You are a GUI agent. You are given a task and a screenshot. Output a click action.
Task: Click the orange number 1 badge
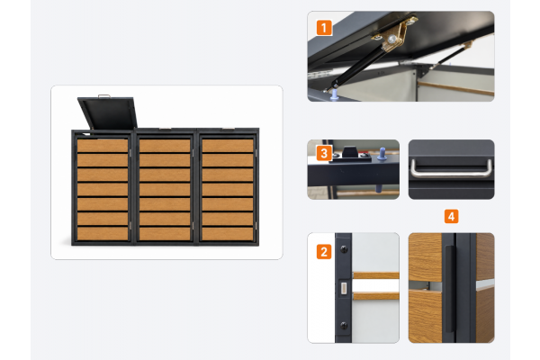(324, 28)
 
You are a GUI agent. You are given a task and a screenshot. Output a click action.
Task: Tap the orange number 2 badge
(324, 251)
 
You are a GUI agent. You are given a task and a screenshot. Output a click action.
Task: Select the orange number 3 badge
(324, 153)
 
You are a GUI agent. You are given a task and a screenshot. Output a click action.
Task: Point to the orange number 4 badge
(451, 216)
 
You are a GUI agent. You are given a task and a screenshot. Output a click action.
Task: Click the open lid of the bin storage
(107, 113)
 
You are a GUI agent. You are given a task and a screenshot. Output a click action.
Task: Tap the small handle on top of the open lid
(104, 96)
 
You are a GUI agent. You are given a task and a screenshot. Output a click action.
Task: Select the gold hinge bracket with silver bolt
(395, 34)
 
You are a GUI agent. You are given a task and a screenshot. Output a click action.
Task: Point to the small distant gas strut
(451, 55)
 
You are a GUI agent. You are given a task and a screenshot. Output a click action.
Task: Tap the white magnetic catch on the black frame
(344, 288)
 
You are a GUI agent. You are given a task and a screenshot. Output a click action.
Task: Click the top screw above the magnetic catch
(344, 248)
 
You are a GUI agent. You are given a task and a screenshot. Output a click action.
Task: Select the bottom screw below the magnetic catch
(344, 325)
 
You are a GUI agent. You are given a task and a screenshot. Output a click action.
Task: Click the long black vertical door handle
(449, 292)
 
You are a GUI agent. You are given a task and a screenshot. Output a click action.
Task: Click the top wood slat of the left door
(103, 146)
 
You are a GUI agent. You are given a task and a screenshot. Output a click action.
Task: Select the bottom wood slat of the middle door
(165, 234)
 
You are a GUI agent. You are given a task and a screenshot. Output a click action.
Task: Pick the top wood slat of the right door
(228, 146)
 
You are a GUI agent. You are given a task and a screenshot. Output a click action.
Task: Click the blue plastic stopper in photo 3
(382, 154)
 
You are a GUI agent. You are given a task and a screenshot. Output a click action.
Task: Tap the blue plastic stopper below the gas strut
(334, 95)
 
